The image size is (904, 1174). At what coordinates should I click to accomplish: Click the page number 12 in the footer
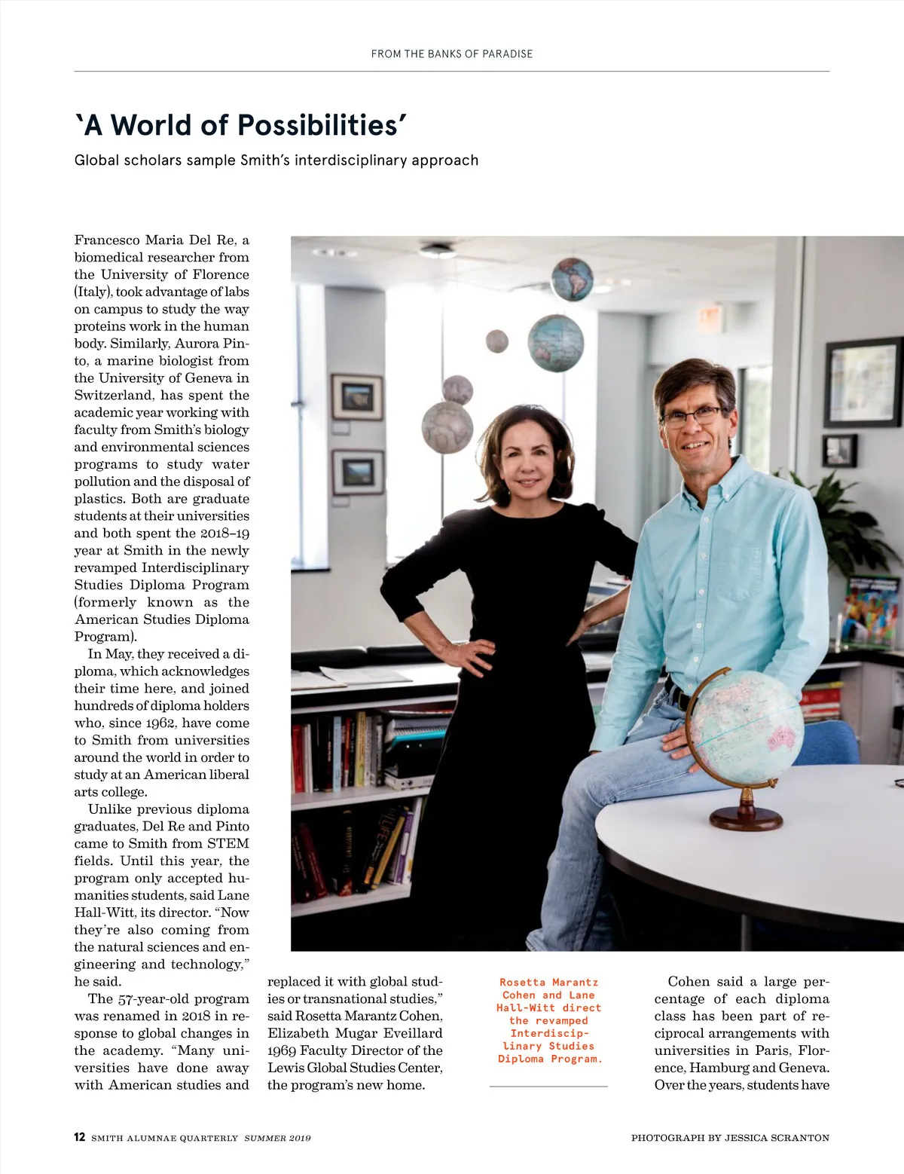pyautogui.click(x=79, y=1137)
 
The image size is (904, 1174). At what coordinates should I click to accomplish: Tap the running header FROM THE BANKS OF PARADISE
pyautogui.click(x=451, y=54)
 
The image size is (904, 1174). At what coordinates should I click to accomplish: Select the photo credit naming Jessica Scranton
pyautogui.click(x=729, y=1138)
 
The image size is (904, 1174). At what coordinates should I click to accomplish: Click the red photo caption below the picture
pyautogui.click(x=549, y=1020)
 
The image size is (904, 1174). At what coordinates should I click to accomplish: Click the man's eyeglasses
pyautogui.click(x=691, y=415)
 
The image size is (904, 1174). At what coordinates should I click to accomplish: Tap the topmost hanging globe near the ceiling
pyautogui.click(x=572, y=278)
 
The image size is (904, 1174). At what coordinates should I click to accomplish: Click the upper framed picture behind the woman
pyautogui.click(x=357, y=396)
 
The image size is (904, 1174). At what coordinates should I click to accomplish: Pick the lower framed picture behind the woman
pyautogui.click(x=358, y=472)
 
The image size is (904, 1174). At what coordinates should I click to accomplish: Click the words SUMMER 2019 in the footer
pyautogui.click(x=277, y=1138)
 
